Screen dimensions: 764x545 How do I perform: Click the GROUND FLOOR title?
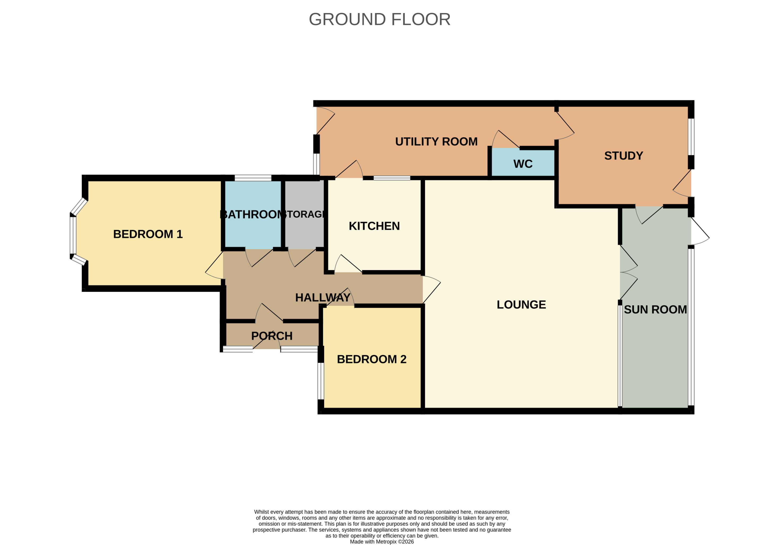tap(380, 19)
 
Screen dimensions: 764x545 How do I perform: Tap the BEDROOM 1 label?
tap(148, 234)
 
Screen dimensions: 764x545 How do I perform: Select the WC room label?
tap(523, 164)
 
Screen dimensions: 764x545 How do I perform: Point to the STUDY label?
tap(624, 156)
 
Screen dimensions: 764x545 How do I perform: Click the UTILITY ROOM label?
tap(436, 142)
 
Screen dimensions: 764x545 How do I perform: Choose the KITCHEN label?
tap(374, 226)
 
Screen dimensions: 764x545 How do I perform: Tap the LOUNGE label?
tap(521, 304)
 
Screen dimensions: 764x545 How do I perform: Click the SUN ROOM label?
tap(655, 309)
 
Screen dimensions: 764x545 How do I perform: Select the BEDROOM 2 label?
tap(371, 359)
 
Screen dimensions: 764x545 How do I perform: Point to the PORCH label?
tap(272, 336)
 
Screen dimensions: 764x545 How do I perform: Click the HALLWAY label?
tap(323, 297)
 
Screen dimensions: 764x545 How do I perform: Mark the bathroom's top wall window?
tap(253, 178)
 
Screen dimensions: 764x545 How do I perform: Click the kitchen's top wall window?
tap(392, 178)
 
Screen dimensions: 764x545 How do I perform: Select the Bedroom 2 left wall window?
tap(321, 381)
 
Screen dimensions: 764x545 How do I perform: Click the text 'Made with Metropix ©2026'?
tap(382, 541)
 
